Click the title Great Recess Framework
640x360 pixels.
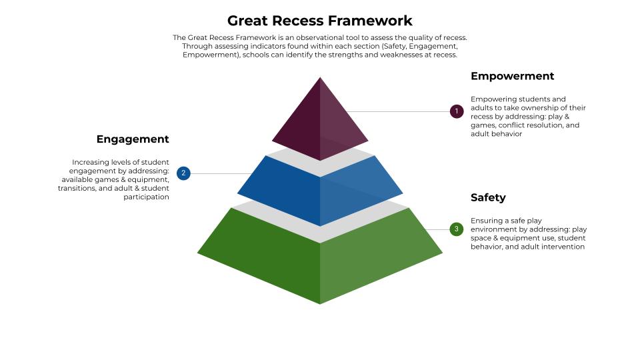[320, 21]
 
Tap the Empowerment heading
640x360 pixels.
[512, 76]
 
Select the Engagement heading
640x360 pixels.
[133, 139]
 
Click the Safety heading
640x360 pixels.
[488, 197]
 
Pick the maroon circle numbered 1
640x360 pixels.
[457, 111]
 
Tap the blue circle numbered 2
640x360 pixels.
[184, 173]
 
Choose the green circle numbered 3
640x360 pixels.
[457, 229]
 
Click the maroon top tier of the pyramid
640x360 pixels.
[320, 120]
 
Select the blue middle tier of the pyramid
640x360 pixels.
[320, 190]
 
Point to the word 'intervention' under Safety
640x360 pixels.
[564, 247]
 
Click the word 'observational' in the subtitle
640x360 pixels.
[320, 38]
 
